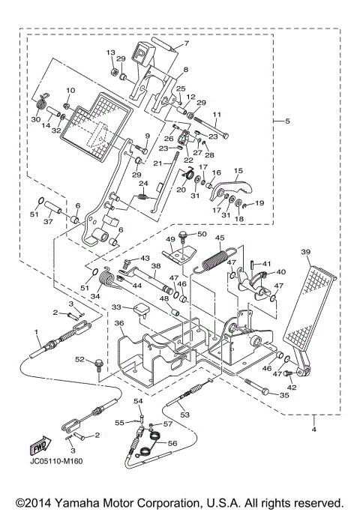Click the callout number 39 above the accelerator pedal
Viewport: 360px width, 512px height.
coord(306,253)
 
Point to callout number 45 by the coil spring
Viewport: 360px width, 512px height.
coord(220,240)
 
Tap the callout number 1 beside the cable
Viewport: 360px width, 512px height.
coord(35,332)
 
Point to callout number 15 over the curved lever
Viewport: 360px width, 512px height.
coord(239,172)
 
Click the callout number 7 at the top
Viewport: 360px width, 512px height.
coord(187,44)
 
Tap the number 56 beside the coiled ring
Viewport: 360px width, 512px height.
coord(173,444)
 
